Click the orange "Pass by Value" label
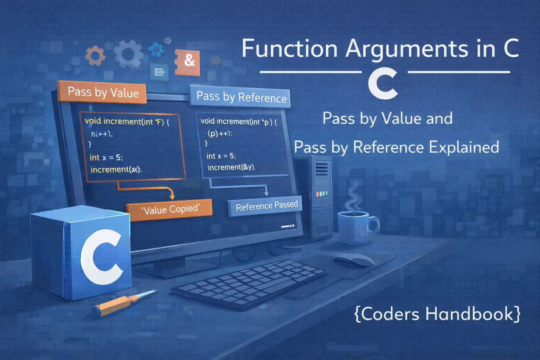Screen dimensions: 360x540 pyautogui.click(x=103, y=92)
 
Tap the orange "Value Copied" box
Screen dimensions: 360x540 pyautogui.click(x=170, y=210)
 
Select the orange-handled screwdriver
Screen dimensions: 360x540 pyautogui.click(x=123, y=303)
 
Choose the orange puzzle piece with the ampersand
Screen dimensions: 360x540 pyautogui.click(x=188, y=62)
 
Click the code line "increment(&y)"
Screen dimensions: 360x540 pyautogui.click(x=231, y=167)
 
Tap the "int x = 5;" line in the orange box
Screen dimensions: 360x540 pyautogui.click(x=106, y=157)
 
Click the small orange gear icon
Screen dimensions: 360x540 pyautogui.click(x=95, y=56)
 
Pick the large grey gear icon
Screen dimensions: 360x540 pyautogui.click(x=128, y=53)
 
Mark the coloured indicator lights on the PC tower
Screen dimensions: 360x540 pyautogui.click(x=322, y=194)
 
